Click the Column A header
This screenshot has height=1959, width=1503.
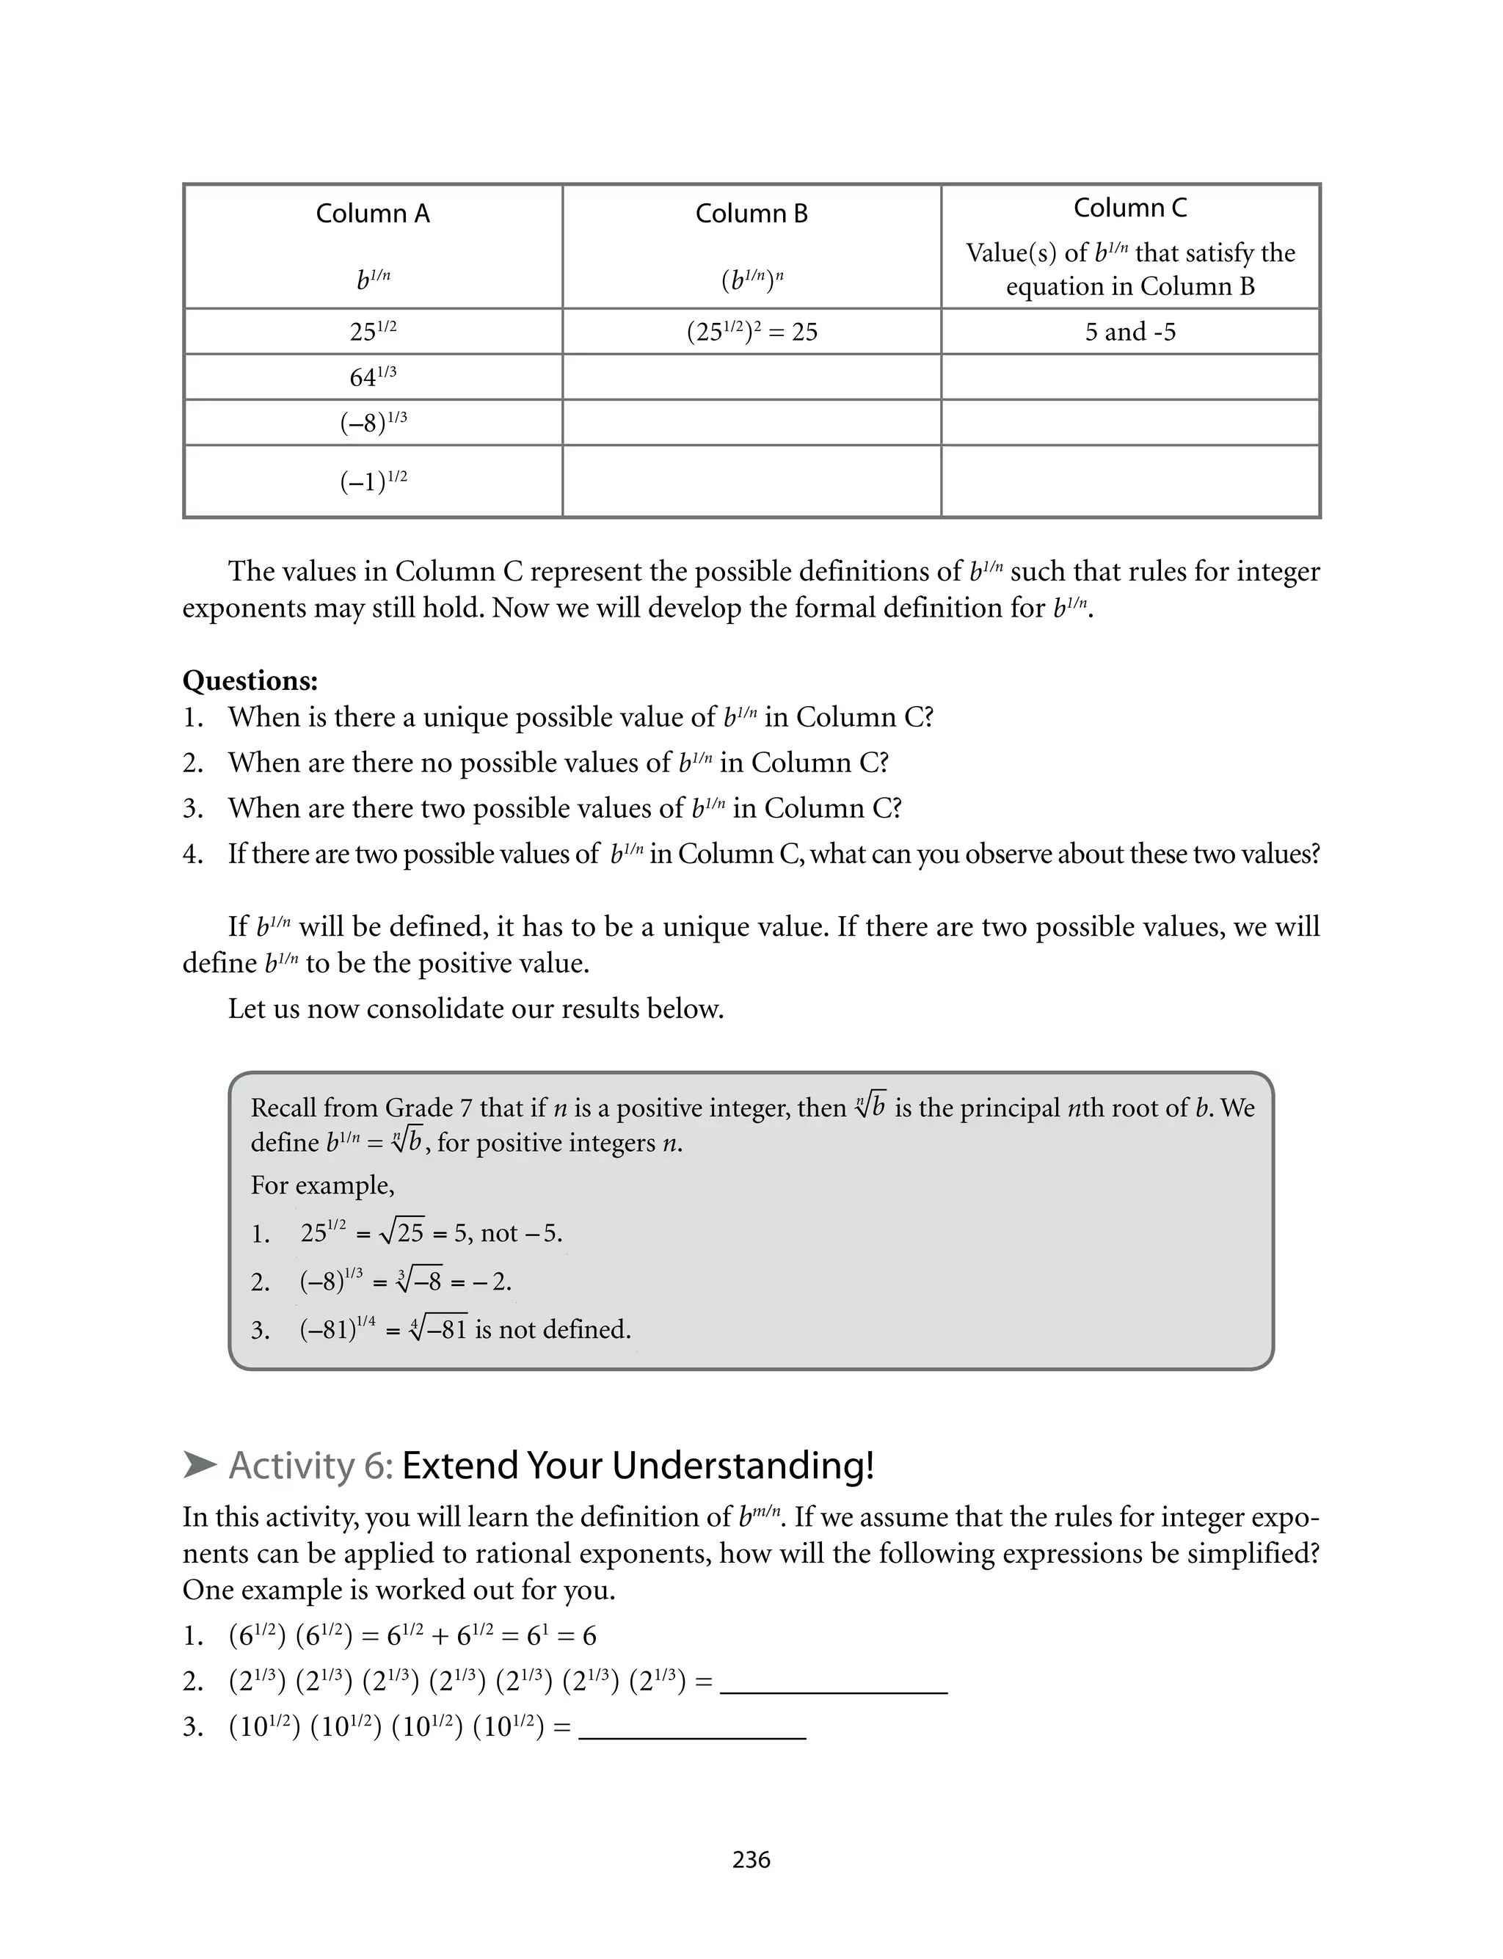[372, 214]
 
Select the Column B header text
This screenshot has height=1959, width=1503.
[751, 214]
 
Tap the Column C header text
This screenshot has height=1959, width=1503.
[1130, 208]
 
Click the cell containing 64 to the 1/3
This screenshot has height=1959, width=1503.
[372, 377]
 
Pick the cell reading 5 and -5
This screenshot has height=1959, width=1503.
[1130, 332]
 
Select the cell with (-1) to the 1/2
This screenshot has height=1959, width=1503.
[372, 481]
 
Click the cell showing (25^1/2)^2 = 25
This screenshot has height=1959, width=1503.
[751, 332]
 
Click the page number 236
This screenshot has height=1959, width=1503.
[751, 1860]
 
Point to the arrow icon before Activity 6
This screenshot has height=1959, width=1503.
[200, 1465]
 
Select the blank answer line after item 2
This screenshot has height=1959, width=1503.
[833, 1684]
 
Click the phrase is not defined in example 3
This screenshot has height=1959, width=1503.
[552, 1329]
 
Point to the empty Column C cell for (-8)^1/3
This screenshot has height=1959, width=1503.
[1130, 422]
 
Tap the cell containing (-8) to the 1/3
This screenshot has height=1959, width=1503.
[372, 422]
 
